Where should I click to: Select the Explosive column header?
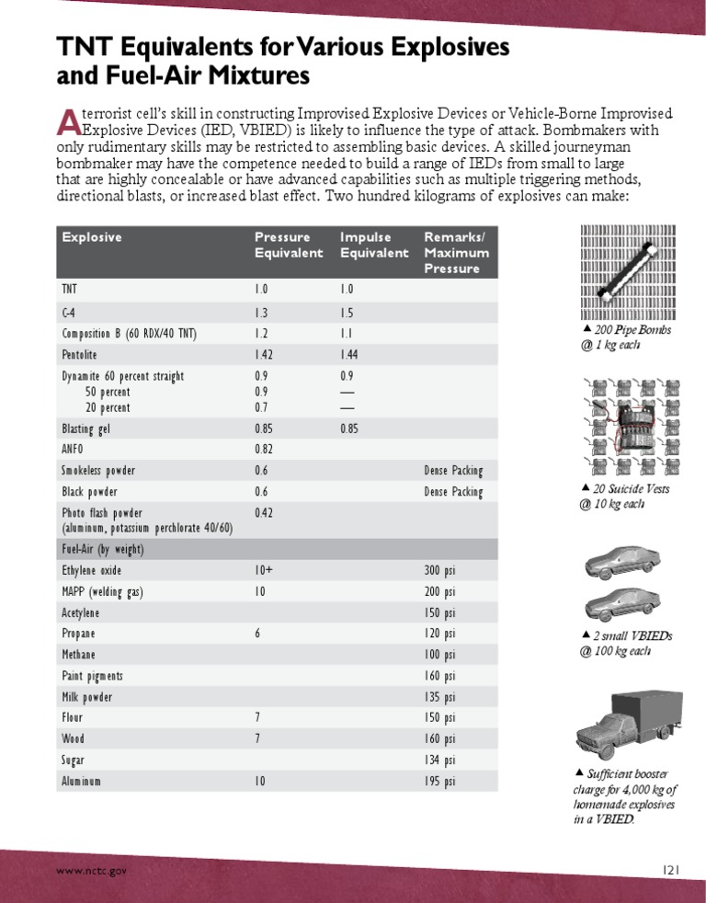[x=92, y=237]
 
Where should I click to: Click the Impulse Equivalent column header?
[x=373, y=245]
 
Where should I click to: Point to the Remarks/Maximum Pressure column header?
[x=452, y=253]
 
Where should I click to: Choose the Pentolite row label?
[x=80, y=354]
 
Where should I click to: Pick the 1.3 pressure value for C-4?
[x=263, y=312]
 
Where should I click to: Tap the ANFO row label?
[x=73, y=450]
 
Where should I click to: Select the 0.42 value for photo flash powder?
[x=265, y=512]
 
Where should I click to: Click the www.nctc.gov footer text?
[x=91, y=870]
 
